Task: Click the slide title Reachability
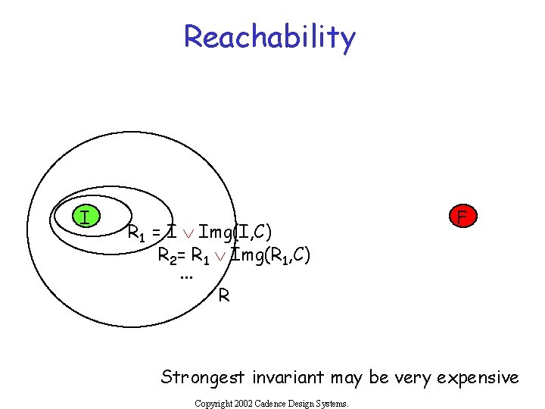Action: click(269, 36)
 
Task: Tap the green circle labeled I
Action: click(86, 217)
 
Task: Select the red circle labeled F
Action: click(462, 217)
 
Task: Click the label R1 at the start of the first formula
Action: click(137, 232)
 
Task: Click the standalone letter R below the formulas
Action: click(224, 295)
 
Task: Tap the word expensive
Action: click(481, 376)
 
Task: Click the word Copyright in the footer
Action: click(211, 404)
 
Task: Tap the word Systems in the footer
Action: click(333, 404)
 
